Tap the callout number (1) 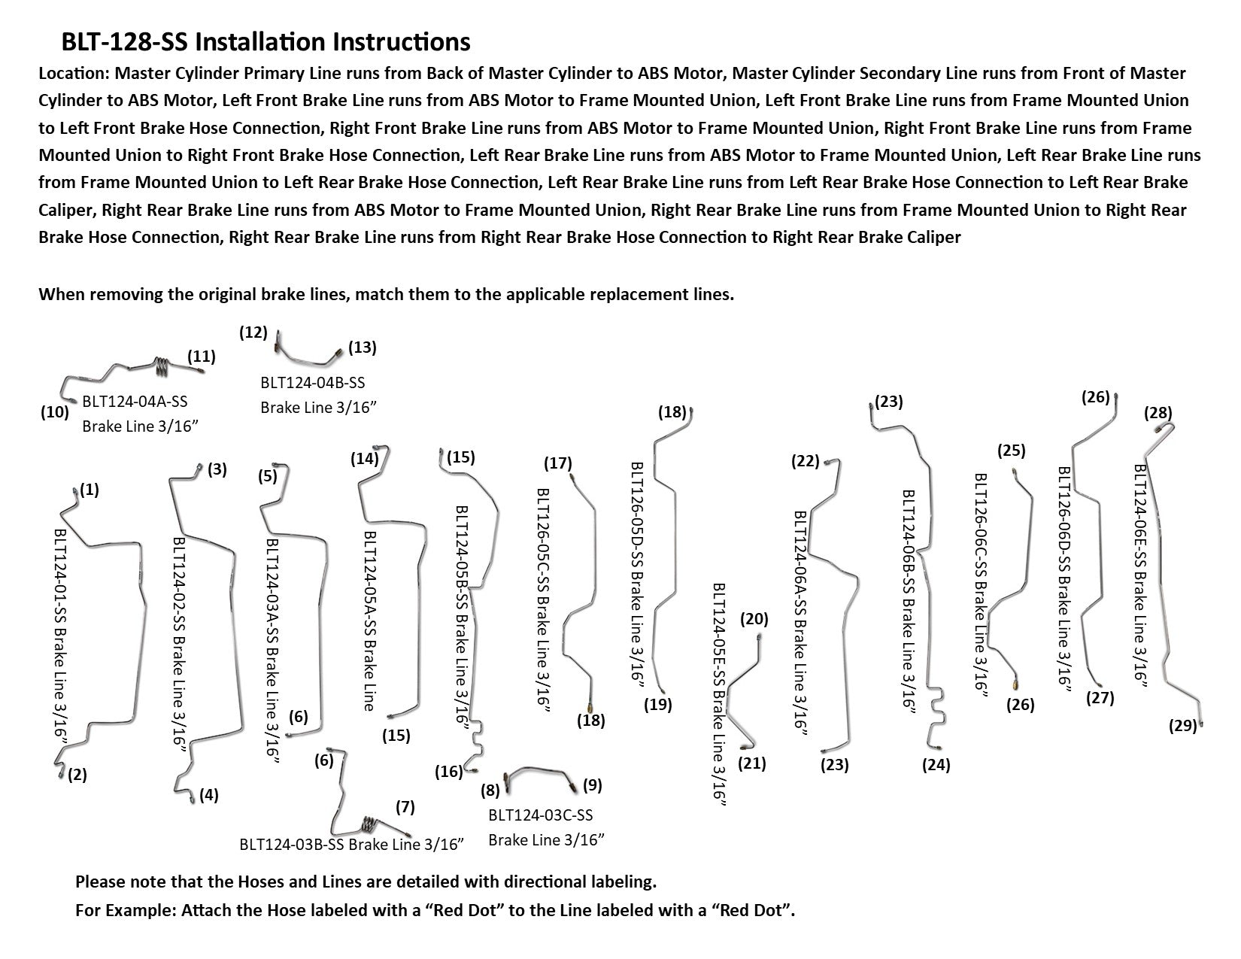(x=90, y=490)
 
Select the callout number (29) (x=1182, y=726)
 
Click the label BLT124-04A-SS (x=135, y=402)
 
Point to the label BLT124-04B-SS (x=312, y=383)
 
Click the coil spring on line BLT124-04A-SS (x=162, y=366)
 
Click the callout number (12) (x=253, y=332)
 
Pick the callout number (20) (x=754, y=620)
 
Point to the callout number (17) (x=558, y=463)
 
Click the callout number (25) (x=1011, y=451)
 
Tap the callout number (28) (x=1158, y=413)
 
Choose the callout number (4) (x=209, y=795)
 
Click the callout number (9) (x=592, y=785)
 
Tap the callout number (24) (x=936, y=766)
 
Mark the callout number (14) (x=364, y=459)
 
